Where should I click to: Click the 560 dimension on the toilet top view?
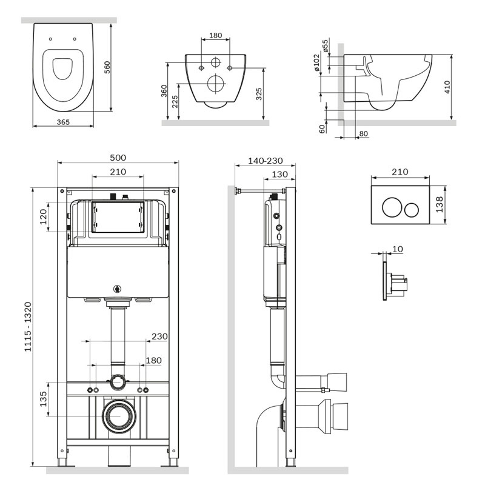pyautogui.click(x=107, y=67)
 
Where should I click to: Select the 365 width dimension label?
pyautogui.click(x=63, y=122)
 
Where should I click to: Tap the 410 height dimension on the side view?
pyautogui.click(x=447, y=87)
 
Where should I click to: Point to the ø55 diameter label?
pyautogui.click(x=325, y=45)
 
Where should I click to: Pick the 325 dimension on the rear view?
pyautogui.click(x=259, y=94)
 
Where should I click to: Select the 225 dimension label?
pyautogui.click(x=175, y=101)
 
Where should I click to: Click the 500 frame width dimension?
pyautogui.click(x=118, y=158)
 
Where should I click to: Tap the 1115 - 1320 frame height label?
pyautogui.click(x=28, y=327)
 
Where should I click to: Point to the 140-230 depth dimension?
pyautogui.click(x=266, y=161)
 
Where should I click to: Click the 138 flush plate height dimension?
pyautogui.click(x=439, y=204)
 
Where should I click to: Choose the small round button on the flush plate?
pyautogui.click(x=412, y=209)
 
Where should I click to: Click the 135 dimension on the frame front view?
pyautogui.click(x=43, y=399)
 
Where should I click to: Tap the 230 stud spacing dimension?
pyautogui.click(x=159, y=336)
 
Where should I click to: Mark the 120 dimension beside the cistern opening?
pyautogui.click(x=43, y=216)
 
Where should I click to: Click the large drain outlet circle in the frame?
pyautogui.click(x=119, y=416)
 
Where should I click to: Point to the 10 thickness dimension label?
pyautogui.click(x=398, y=249)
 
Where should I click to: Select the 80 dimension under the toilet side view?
pyautogui.click(x=363, y=133)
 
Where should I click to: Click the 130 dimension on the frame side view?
pyautogui.click(x=279, y=175)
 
